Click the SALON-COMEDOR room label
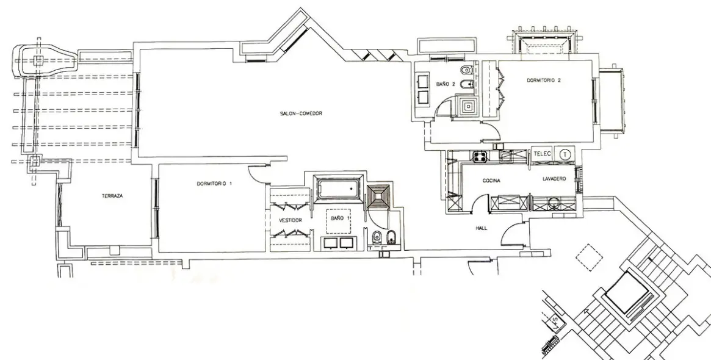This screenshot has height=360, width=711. pyautogui.click(x=301, y=113)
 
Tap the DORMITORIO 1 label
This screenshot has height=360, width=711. pyautogui.click(x=214, y=184)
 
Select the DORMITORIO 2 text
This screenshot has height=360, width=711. pyautogui.click(x=544, y=81)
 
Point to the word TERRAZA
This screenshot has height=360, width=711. pyautogui.click(x=112, y=196)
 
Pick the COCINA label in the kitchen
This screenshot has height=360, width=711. pyautogui.click(x=491, y=181)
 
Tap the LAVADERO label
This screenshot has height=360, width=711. pyautogui.click(x=554, y=179)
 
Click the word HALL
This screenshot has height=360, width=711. pyautogui.click(x=481, y=228)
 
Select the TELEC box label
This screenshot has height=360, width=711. pyautogui.click(x=543, y=154)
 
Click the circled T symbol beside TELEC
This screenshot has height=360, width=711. pyautogui.click(x=565, y=154)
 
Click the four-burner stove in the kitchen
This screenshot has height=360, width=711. pyautogui.click(x=480, y=157)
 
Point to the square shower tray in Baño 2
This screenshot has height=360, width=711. pyautogui.click(x=467, y=107)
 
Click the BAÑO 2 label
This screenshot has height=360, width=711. pyautogui.click(x=446, y=84)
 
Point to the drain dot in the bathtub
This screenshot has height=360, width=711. pyautogui.click(x=350, y=188)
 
